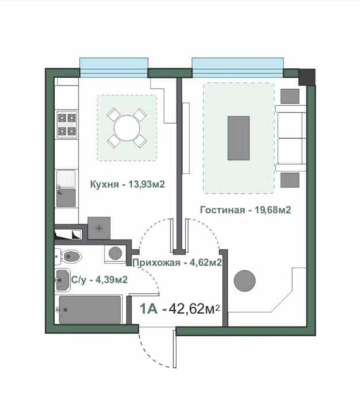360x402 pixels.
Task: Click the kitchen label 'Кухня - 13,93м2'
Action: click(128, 184)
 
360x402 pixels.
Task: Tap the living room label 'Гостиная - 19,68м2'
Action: click(246, 210)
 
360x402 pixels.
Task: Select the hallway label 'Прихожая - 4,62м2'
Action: click(177, 262)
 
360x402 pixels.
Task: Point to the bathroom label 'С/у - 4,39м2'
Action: click(99, 280)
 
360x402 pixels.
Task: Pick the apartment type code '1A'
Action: click(148, 309)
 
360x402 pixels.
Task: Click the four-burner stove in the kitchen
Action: click(67, 124)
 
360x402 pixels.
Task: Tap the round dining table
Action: click(127, 128)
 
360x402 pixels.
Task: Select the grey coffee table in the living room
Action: click(239, 138)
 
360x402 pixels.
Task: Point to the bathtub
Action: click(90, 309)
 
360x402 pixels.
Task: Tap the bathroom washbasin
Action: click(63, 280)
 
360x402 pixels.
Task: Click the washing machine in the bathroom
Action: click(115, 253)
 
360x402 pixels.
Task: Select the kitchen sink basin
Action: click(66, 198)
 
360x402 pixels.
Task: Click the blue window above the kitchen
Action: click(114, 67)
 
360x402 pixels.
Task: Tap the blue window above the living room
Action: click(238, 67)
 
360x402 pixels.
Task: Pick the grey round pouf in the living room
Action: click(244, 281)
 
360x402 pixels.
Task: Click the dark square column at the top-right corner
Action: click(307, 77)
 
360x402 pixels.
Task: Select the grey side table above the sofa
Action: click(290, 97)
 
